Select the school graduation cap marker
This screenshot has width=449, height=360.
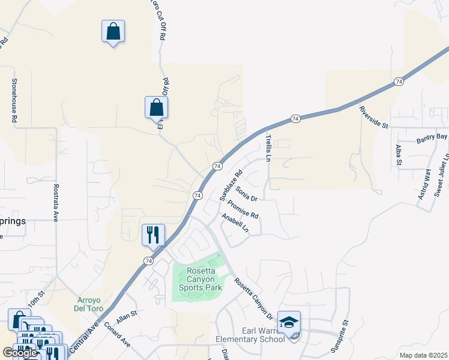(x=289, y=323)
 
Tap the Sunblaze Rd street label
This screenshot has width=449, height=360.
(x=231, y=185)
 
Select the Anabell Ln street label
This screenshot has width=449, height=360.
(x=235, y=223)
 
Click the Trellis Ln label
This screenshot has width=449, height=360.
(x=269, y=148)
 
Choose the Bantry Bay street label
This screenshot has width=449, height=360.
(x=432, y=139)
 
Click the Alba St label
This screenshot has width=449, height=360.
(x=398, y=155)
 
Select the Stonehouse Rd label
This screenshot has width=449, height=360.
(x=14, y=100)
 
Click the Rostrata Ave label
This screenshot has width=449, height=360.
(x=55, y=203)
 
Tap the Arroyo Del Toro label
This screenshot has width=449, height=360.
(x=90, y=304)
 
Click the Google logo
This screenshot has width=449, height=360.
(x=20, y=353)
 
